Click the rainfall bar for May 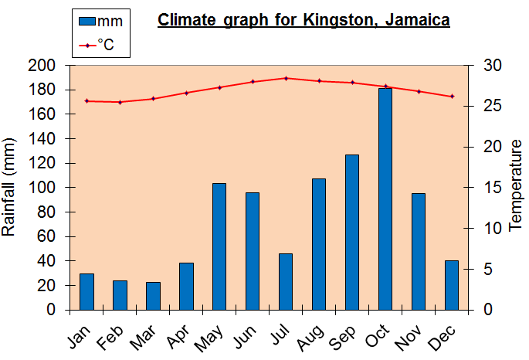pos(219,246)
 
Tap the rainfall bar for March pos(153,296)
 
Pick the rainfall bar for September pos(352,232)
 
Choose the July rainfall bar pos(286,281)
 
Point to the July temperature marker pos(286,78)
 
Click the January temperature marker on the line pos(86,100)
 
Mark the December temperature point pos(452,96)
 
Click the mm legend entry pos(101,21)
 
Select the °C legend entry pos(101,45)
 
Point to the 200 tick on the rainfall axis pos(47,65)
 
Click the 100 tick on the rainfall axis pos(47,188)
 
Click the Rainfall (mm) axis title pos(10,188)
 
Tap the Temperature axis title pos(515,188)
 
